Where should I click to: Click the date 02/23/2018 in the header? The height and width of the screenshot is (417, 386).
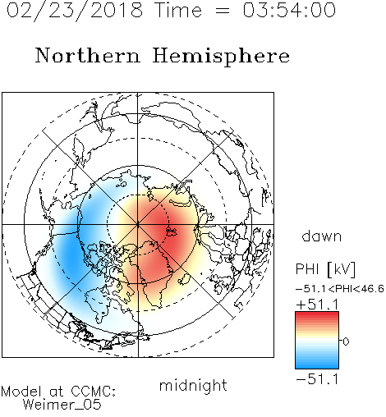(75, 11)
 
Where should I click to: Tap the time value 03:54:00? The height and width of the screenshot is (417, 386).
(289, 10)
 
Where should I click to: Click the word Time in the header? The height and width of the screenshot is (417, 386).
(178, 10)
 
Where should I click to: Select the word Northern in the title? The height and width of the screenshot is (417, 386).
(88, 55)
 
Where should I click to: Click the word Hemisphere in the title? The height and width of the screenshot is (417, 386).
(221, 57)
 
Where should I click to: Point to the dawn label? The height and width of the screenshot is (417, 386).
(322, 236)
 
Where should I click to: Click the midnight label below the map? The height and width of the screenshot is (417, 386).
(193, 385)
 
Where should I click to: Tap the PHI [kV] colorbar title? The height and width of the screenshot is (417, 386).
(325, 269)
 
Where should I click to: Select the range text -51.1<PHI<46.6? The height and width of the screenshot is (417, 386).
(340, 289)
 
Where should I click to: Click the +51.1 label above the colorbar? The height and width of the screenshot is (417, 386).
(317, 305)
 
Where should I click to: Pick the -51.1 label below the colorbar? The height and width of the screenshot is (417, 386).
(317, 379)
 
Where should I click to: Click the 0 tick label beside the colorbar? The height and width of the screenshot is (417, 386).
(346, 341)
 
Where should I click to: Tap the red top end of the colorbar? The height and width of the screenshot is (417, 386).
(317, 314)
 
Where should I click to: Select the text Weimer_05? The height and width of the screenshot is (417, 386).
(62, 405)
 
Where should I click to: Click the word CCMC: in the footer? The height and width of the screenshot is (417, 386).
(93, 392)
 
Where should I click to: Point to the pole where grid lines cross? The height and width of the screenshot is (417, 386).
(138, 224)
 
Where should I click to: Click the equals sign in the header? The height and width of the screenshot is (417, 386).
(223, 11)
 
